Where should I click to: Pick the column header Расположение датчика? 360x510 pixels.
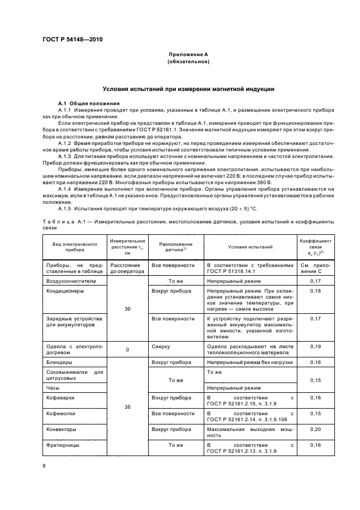click(175, 247)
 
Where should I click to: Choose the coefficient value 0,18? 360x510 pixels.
click(315, 291)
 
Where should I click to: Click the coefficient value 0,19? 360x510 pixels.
click(315, 347)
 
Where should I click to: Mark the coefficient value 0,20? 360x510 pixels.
click(315, 429)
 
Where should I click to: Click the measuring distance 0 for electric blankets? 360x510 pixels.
click(127, 350)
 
